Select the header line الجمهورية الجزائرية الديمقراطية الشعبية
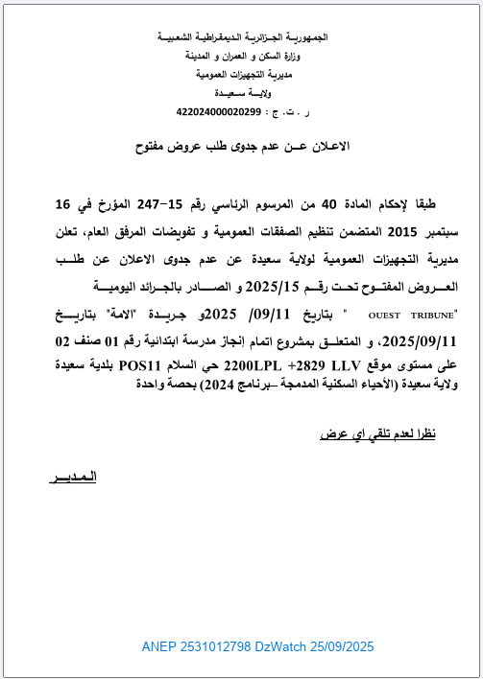[x=241, y=36]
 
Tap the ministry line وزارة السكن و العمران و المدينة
[x=241, y=55]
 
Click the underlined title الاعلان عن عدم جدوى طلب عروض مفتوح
[x=240, y=146]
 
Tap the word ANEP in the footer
[x=158, y=647]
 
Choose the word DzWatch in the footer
[x=281, y=647]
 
